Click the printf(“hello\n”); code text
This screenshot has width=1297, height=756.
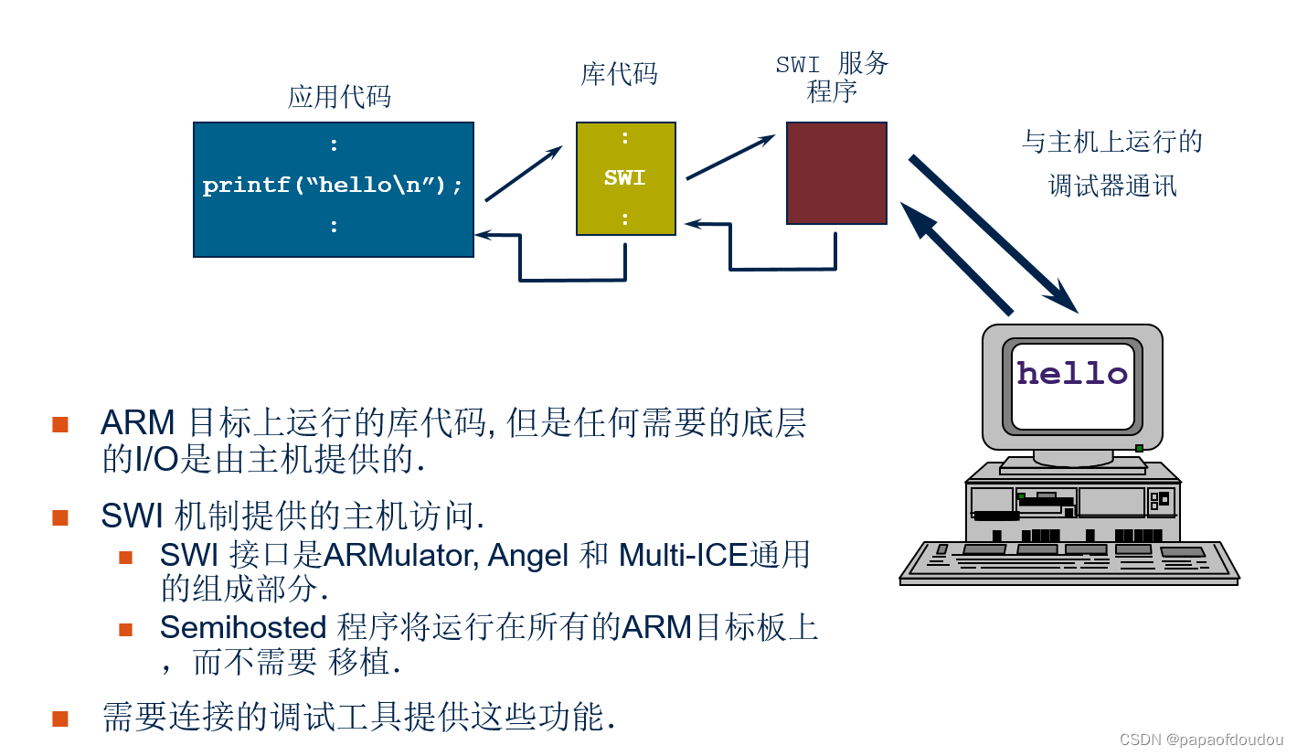coord(333,186)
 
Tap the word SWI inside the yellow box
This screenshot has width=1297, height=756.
coord(624,178)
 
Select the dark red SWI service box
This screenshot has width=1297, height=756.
coord(836,173)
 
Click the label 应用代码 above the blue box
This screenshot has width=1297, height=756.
coord(339,97)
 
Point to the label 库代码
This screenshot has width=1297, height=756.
coord(619,74)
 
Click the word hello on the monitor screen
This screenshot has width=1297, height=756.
coord(1072,373)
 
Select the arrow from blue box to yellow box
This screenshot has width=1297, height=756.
coord(523,174)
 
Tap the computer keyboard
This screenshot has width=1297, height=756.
coord(1068,561)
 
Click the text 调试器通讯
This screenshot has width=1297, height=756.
coord(1111,186)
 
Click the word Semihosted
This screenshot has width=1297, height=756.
coord(242,628)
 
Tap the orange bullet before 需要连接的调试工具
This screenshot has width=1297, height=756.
coord(60,718)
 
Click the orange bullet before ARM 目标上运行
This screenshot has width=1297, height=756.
coord(60,424)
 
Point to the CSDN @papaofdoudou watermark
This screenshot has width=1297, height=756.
coord(1201,740)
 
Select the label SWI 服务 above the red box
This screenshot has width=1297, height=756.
coord(831,64)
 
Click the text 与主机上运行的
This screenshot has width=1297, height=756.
coord(1111,142)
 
